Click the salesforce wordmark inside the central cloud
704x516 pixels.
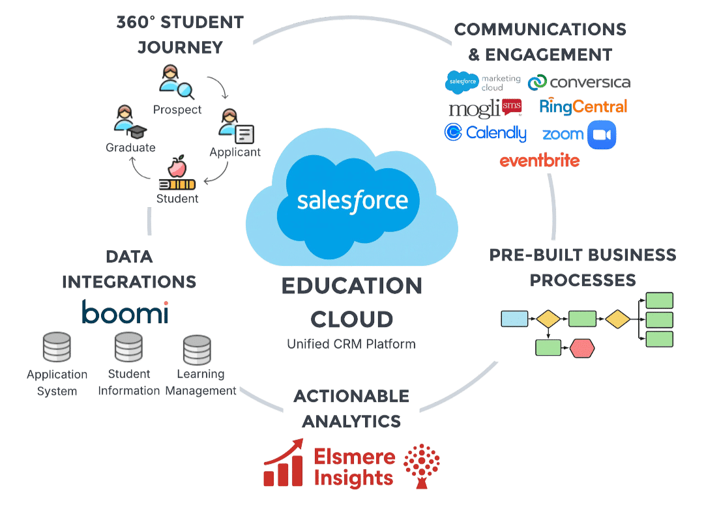tap(352, 200)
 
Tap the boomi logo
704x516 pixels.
tap(125, 313)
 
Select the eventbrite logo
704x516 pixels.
tap(539, 160)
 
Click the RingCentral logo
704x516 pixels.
tap(583, 107)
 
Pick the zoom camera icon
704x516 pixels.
tap(601, 135)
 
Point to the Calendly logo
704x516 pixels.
tap(485, 133)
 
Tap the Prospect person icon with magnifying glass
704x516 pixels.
tap(175, 81)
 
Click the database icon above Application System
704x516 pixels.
tap(57, 348)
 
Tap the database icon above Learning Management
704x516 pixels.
tap(197, 350)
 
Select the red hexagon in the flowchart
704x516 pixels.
tap(582, 348)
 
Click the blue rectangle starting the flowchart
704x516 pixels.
tap(514, 319)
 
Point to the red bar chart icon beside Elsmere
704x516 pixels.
tap(284, 463)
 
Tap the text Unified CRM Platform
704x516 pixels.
tap(351, 344)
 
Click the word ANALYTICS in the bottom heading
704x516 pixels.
tap(351, 422)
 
